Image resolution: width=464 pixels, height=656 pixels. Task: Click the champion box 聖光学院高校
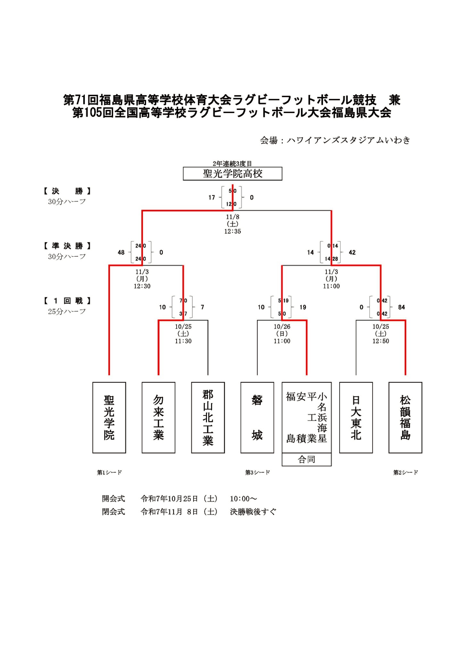point(232,174)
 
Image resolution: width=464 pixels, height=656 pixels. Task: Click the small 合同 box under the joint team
point(306,459)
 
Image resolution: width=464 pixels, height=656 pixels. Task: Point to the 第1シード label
point(109,472)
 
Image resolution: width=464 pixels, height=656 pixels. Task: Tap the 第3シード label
point(257,472)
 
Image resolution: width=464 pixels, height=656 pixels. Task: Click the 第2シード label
point(405,472)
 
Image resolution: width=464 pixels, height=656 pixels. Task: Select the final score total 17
point(211,198)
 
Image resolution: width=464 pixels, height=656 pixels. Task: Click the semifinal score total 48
point(121,252)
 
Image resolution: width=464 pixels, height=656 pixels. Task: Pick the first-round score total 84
point(402,307)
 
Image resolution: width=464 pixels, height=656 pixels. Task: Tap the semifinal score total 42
point(352,252)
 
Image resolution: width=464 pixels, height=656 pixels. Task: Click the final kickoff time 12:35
point(232,231)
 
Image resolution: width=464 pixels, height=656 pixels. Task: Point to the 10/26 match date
point(282,327)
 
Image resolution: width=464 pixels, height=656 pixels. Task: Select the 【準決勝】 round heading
point(67,246)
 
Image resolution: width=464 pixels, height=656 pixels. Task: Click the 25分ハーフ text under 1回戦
point(67,311)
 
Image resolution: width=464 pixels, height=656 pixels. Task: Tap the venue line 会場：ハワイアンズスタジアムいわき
point(335,140)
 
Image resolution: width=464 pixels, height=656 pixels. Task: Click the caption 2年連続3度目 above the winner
point(232,164)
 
